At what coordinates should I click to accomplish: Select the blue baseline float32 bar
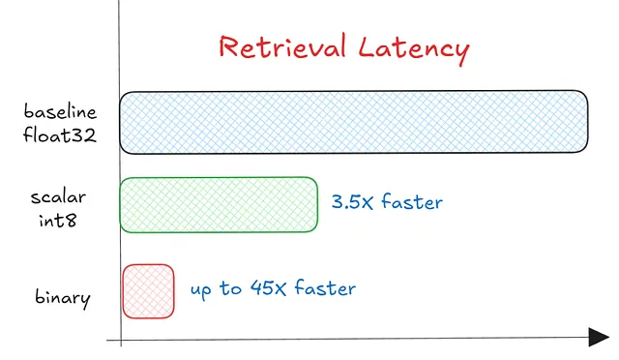(353, 122)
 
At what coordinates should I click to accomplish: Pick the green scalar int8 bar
(219, 205)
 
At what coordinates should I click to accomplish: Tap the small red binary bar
(148, 290)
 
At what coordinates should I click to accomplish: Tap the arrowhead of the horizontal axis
(601, 337)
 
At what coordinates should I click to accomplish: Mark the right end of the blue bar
(587, 122)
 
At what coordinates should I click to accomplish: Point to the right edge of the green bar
(317, 205)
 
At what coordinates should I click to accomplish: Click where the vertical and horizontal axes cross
(119, 339)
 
